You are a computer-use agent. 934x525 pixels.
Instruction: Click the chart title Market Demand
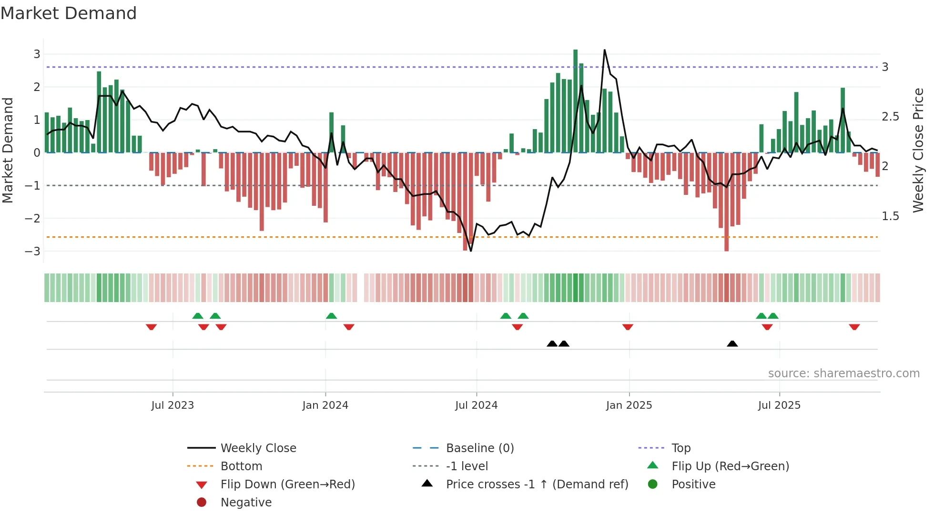point(69,13)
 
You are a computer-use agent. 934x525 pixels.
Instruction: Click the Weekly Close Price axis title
point(918,150)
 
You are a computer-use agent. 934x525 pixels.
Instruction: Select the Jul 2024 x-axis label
point(476,405)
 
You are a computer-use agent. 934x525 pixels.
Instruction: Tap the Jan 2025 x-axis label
point(629,405)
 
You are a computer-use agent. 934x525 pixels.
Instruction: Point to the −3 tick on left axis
point(33,251)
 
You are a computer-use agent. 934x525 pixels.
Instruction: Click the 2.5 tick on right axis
point(890,117)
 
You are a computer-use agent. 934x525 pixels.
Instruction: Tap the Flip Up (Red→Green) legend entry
point(730,466)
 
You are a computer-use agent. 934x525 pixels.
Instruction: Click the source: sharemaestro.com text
point(843,374)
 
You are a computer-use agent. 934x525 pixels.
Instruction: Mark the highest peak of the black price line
point(604,50)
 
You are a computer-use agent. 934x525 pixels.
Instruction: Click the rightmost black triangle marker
point(732,344)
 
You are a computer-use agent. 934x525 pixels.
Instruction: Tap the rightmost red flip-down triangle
point(854,327)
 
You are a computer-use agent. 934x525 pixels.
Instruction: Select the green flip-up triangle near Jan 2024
point(331,316)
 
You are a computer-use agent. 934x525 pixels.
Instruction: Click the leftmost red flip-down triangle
point(151,327)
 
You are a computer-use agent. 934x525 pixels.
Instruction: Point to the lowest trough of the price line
point(471,251)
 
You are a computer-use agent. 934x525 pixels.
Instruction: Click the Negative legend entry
point(246,503)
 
